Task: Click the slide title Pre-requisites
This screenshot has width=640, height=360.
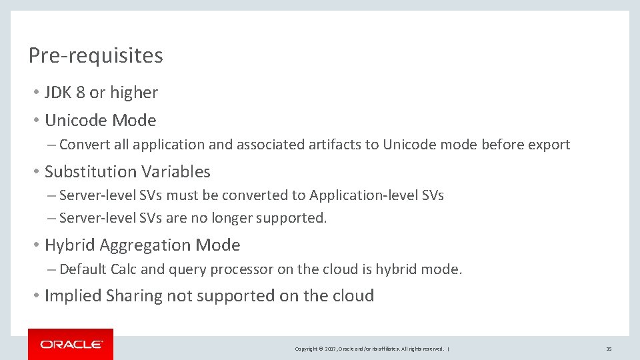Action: (x=95, y=55)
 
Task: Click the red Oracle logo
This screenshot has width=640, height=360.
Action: (x=71, y=344)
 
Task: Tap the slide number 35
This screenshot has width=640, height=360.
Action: (x=609, y=349)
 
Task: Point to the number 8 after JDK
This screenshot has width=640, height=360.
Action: (x=80, y=93)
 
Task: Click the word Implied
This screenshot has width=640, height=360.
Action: (x=73, y=296)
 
